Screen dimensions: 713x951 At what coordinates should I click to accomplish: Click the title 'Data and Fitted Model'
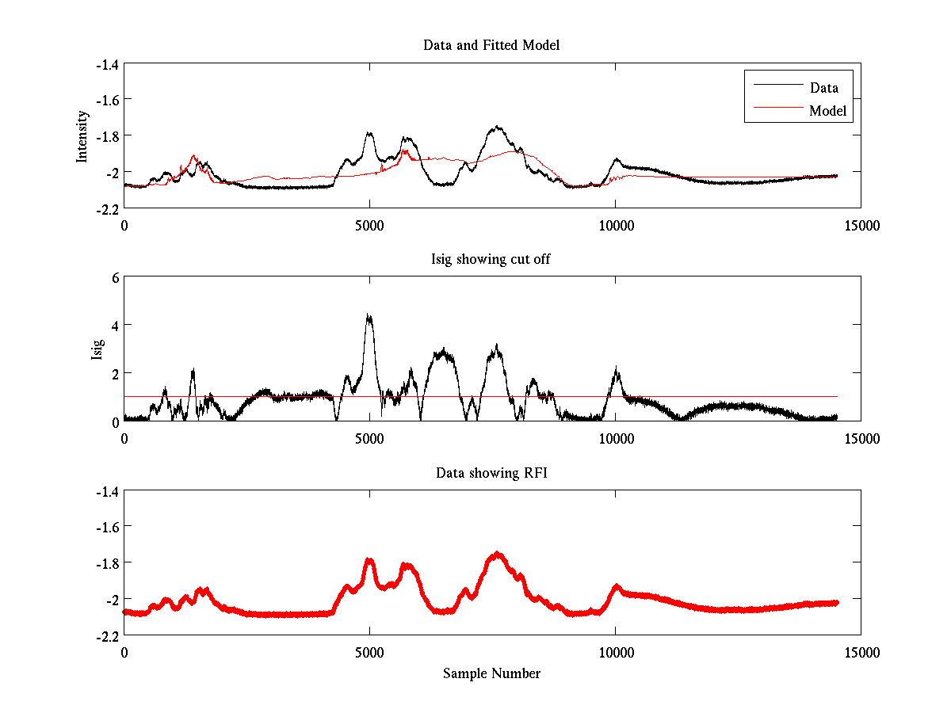coord(491,45)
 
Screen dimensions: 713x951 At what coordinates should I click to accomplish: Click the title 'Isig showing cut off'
coord(491,259)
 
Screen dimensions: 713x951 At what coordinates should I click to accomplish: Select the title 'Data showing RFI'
coord(491,473)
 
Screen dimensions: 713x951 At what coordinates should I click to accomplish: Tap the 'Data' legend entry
coord(823,88)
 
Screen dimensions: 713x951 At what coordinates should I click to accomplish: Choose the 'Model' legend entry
coord(827,111)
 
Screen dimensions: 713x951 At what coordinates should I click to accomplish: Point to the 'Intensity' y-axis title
coord(82,136)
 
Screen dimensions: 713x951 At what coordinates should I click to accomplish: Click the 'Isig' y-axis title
coord(97,349)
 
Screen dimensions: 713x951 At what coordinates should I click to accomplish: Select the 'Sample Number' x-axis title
coord(491,673)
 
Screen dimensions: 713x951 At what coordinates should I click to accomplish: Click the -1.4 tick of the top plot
coord(107,64)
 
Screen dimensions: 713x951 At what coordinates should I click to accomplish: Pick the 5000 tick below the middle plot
coord(369,438)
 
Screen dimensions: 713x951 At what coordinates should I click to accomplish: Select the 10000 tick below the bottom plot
coord(615,652)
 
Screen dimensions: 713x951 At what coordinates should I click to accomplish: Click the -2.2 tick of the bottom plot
coord(107,635)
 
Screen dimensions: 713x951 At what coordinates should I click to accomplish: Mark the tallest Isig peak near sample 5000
coord(369,316)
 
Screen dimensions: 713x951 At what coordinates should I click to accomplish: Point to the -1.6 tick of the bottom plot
coord(107,527)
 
